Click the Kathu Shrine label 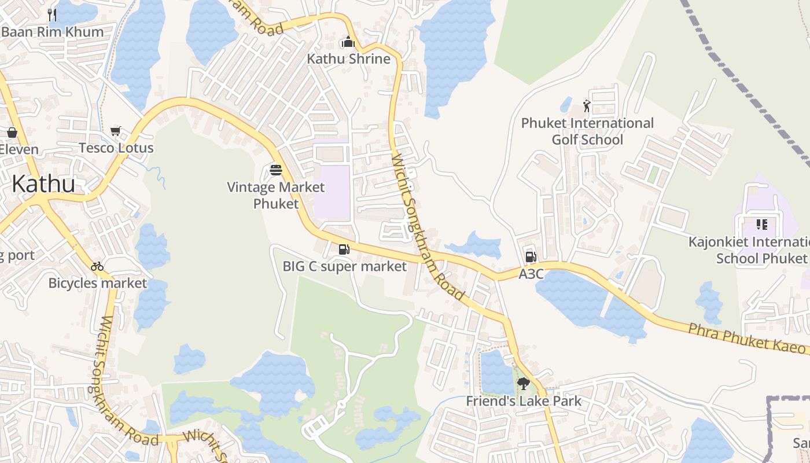348,59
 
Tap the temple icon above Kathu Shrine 348,42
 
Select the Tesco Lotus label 116,148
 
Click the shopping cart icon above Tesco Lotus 116,131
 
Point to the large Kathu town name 43,184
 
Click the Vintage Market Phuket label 276,195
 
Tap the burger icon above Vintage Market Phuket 276,170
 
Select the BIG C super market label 345,266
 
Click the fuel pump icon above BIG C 344,249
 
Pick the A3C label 531,274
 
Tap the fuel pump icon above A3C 531,257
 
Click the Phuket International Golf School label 587,131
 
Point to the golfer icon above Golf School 587,106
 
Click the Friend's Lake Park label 524,400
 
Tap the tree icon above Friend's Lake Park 523,383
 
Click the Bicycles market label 98,283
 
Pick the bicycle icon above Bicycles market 97,266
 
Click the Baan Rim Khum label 52,32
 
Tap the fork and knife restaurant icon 52,14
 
